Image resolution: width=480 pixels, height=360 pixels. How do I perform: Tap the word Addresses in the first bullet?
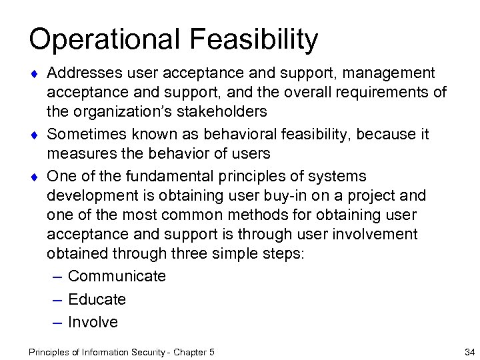[85, 71]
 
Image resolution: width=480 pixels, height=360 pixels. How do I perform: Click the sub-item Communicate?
[117, 276]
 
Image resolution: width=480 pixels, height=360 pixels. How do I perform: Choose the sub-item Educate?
[97, 299]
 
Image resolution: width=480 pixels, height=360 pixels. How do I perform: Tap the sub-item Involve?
[93, 323]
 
